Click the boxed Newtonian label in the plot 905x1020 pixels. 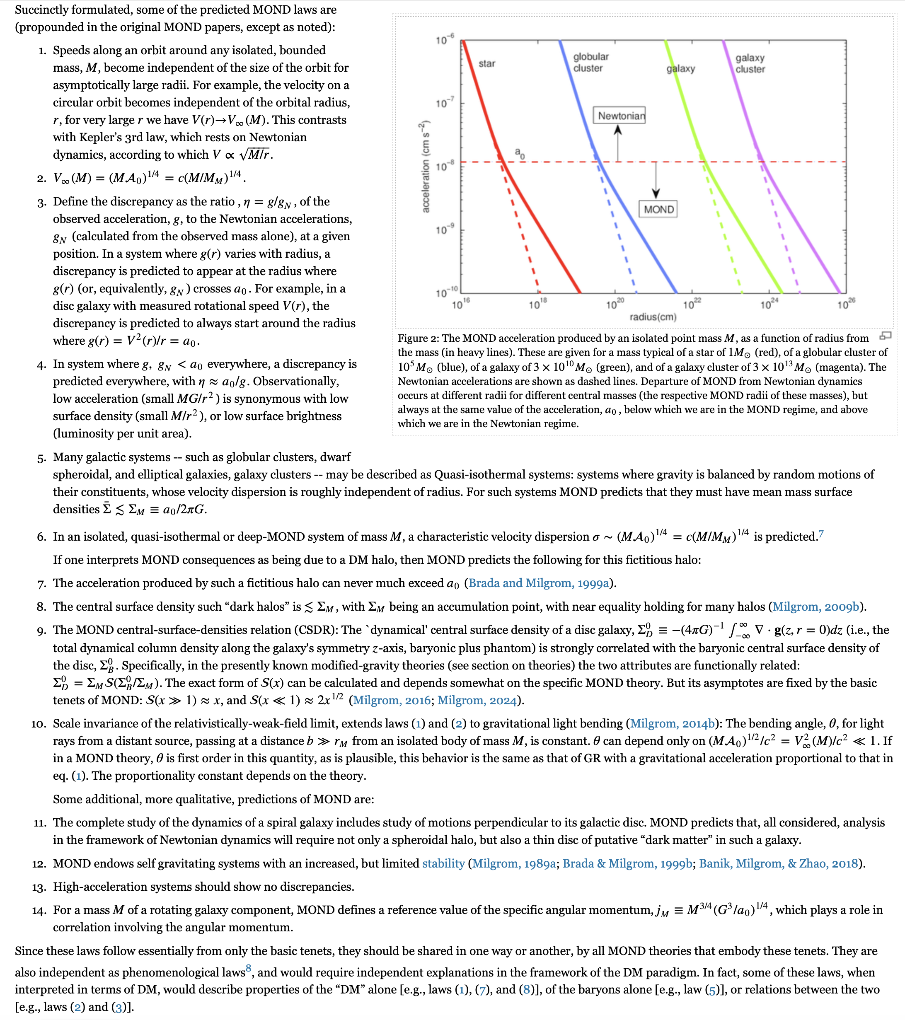tap(619, 116)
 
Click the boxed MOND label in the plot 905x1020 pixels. tap(658, 209)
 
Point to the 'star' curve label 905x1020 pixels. tap(487, 63)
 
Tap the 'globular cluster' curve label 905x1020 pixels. tap(590, 63)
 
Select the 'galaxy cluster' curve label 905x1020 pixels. tap(750, 63)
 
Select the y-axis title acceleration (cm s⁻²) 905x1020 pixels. tap(425, 167)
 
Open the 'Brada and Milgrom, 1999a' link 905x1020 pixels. tap(539, 583)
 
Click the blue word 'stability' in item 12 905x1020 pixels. tap(443, 863)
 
